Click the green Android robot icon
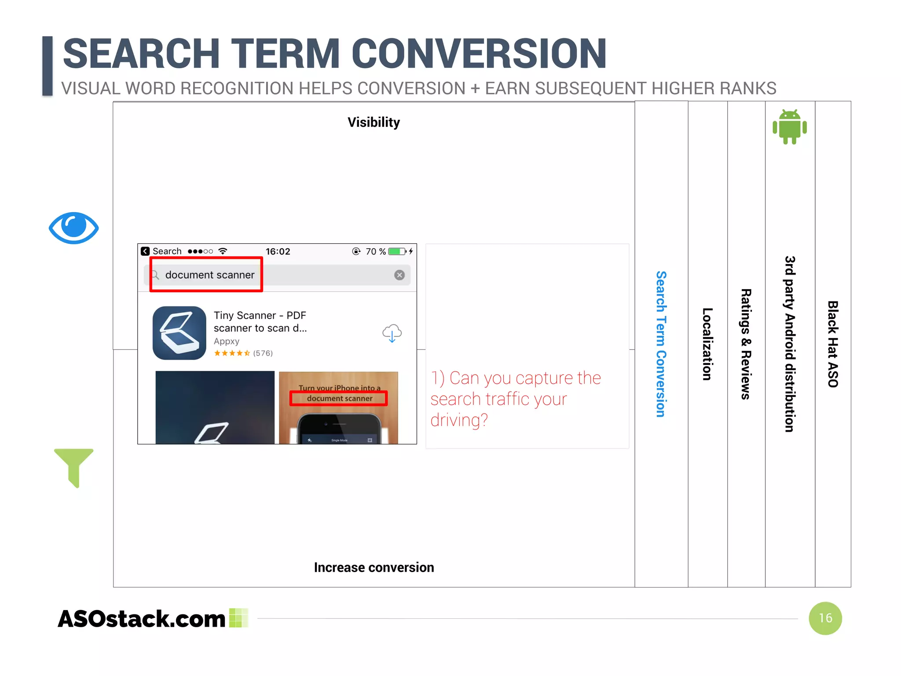point(789,127)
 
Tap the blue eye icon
point(73,228)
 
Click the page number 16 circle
point(825,618)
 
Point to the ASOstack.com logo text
point(142,618)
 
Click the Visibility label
point(374,122)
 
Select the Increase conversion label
point(374,567)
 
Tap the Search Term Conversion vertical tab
point(661,344)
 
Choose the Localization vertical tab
point(707,344)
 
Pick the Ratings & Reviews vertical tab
point(746,344)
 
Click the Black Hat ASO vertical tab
point(832,344)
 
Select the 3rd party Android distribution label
point(790,344)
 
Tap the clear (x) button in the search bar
point(399,275)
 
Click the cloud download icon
point(392,333)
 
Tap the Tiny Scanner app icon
point(179,333)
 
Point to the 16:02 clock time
point(278,251)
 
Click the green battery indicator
point(396,251)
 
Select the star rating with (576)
point(243,353)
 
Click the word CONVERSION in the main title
point(479,54)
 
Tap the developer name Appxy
point(226,341)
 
